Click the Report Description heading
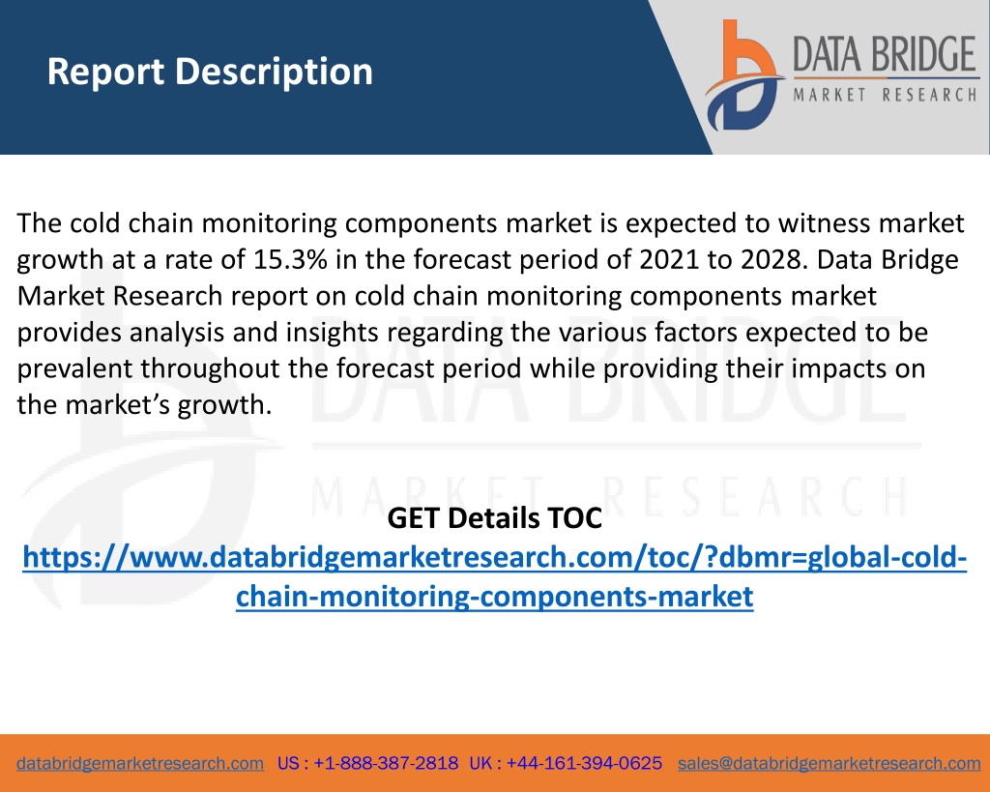210,72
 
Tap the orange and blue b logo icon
743,75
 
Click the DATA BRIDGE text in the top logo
886,54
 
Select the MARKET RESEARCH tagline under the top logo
886,96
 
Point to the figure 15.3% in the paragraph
290,259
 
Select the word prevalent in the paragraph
74,368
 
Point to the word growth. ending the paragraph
224,405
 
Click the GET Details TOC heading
494,518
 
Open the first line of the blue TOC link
494,558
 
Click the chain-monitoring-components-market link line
494,597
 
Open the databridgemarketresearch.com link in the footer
140,764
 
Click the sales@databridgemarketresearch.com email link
829,764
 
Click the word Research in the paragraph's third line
167,296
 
